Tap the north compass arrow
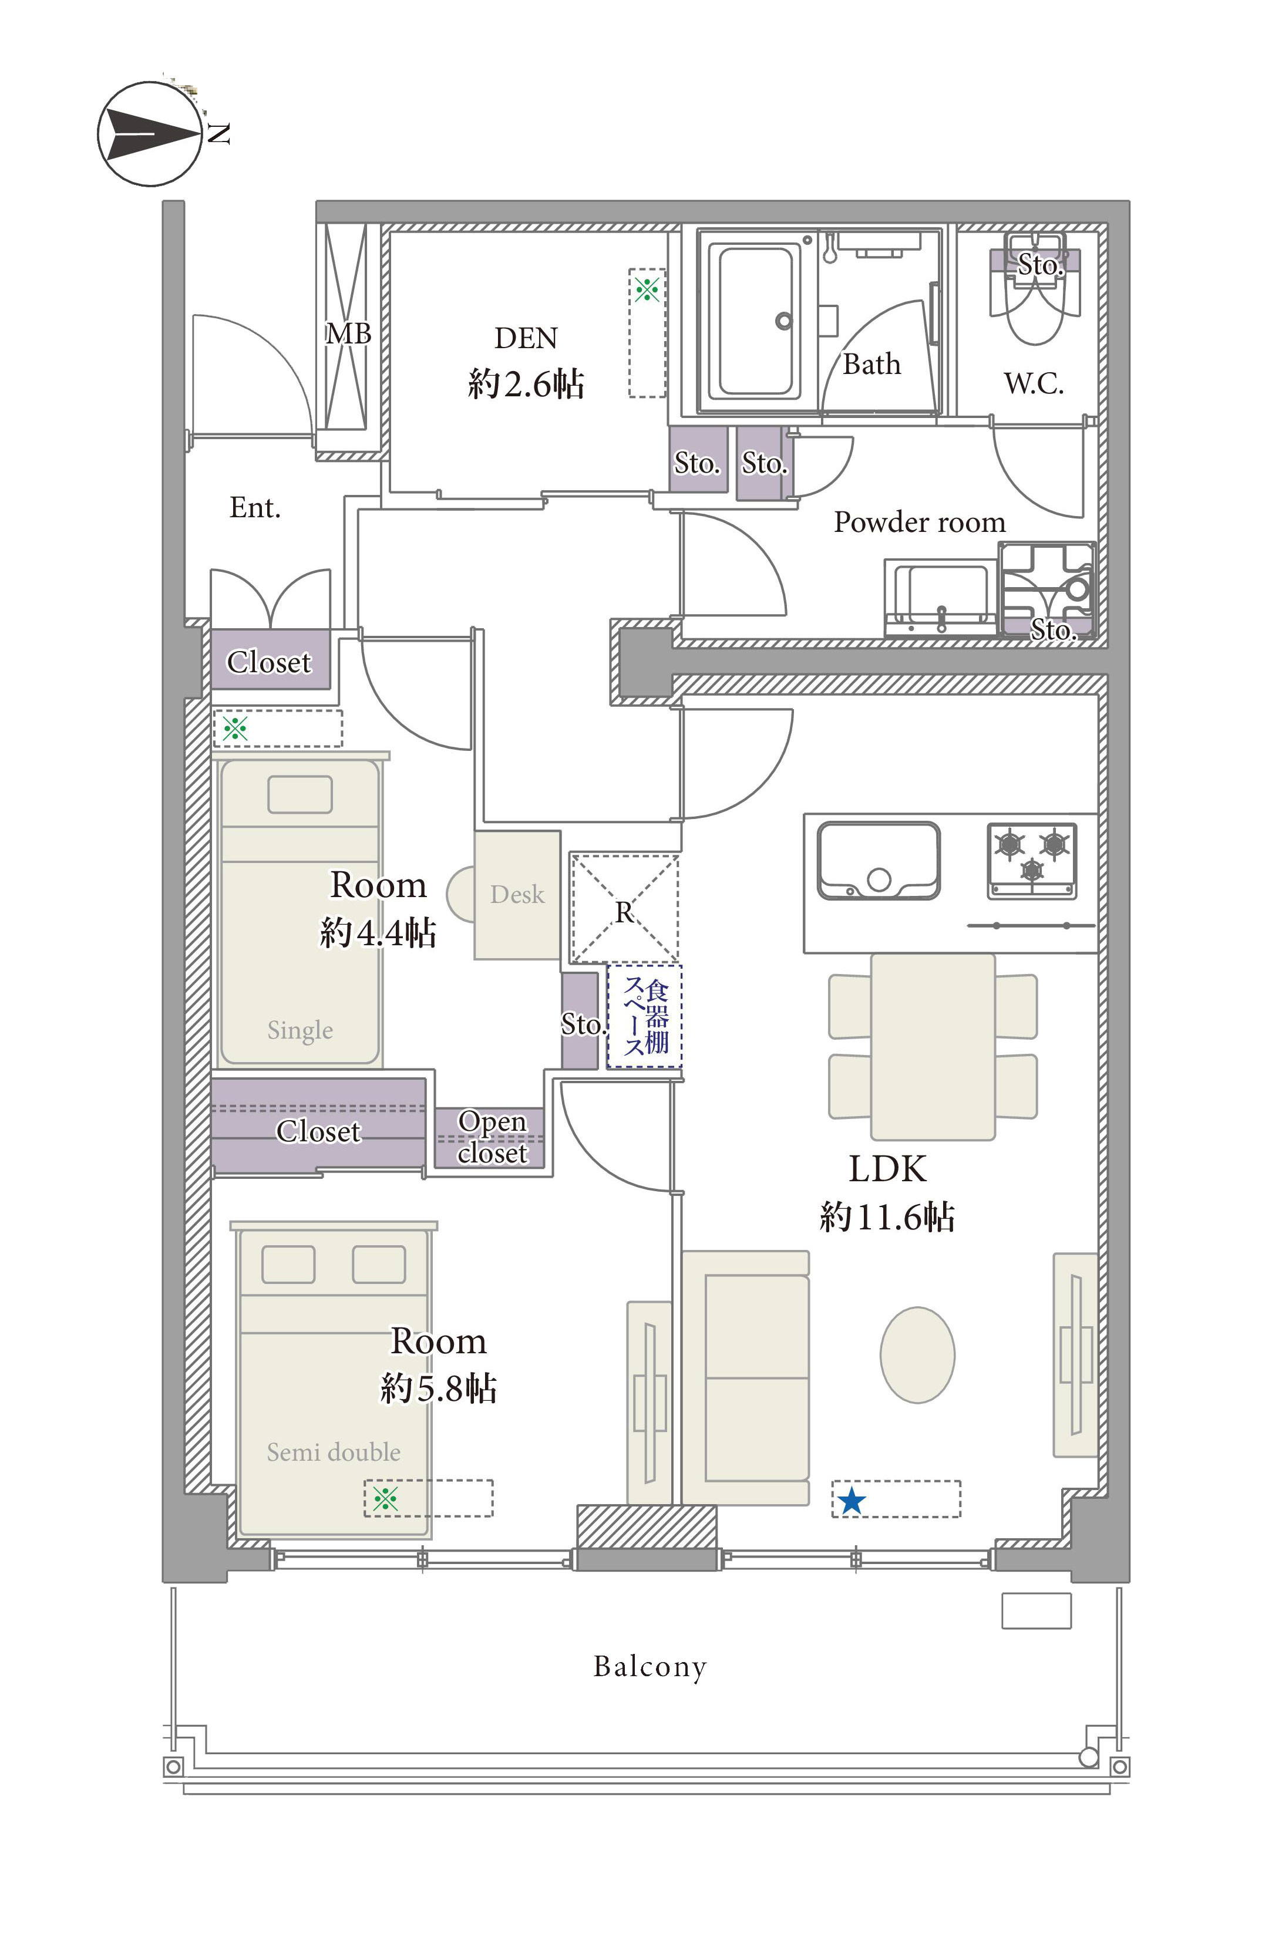coord(156,133)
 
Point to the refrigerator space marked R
coord(624,908)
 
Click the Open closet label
coord(492,1137)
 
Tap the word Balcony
coord(650,1667)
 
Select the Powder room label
coord(919,522)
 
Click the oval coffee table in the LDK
coord(917,1354)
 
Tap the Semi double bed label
coord(333,1452)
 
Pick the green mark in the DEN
coord(647,288)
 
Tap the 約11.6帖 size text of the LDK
coord(887,1217)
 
